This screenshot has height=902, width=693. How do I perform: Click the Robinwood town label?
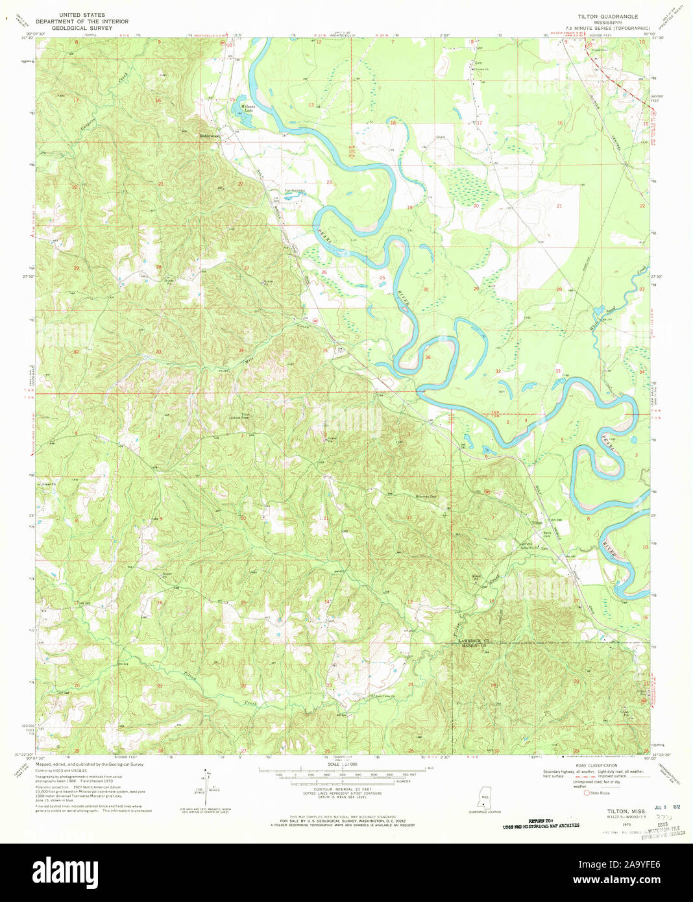click(209, 136)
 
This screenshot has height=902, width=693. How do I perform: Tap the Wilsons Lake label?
click(248, 108)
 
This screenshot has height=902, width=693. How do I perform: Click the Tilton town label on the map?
click(537, 523)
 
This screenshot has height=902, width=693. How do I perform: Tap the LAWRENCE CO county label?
click(474, 641)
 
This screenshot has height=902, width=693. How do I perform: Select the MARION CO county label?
click(474, 646)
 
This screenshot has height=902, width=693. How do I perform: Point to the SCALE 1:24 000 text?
click(342, 764)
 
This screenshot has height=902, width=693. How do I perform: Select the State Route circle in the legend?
click(587, 792)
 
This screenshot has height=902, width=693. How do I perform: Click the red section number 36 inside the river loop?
click(428, 357)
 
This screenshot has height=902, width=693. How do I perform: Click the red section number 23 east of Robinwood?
click(329, 182)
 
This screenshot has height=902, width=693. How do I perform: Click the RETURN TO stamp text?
click(541, 821)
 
